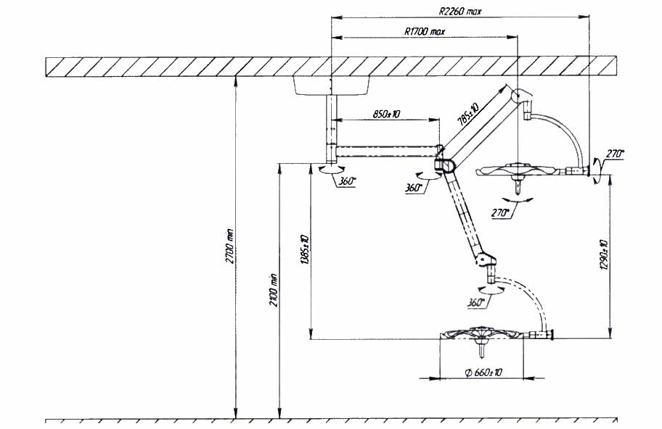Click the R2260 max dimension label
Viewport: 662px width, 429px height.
click(x=459, y=12)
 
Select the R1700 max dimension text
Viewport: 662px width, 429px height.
click(x=425, y=31)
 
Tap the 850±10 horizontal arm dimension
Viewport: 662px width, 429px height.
click(x=386, y=114)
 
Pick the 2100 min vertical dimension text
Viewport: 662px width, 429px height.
click(x=274, y=290)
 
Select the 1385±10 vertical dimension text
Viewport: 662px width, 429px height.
click(x=304, y=250)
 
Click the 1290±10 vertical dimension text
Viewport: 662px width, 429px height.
click(x=603, y=254)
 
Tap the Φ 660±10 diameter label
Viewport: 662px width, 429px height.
click(x=483, y=372)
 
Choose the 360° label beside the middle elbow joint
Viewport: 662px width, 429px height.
click(x=413, y=188)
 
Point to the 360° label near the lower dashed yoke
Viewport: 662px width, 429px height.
click(x=475, y=302)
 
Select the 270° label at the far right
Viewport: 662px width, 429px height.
click(x=615, y=154)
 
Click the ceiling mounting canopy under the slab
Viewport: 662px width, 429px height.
click(x=332, y=86)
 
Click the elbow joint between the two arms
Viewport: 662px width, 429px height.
click(x=445, y=164)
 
